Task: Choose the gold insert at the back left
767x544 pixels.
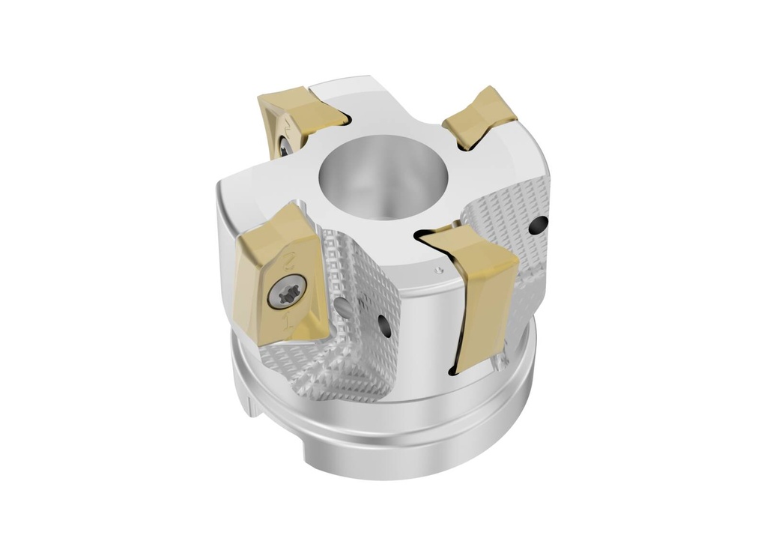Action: pos(296,112)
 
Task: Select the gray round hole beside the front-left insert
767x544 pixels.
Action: pos(344,307)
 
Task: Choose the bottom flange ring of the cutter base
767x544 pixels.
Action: pos(389,442)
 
